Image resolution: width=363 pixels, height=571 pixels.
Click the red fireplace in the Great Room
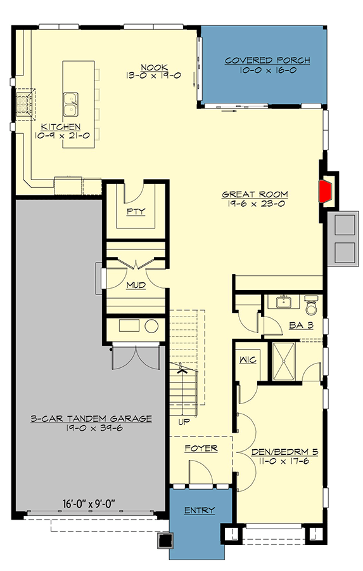[x=327, y=190]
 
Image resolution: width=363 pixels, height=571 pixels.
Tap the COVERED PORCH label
[x=267, y=61]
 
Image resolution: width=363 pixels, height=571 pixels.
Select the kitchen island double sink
[x=70, y=100]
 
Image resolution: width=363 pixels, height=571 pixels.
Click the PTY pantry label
[x=136, y=211]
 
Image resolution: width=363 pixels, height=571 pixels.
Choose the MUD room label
[x=136, y=285]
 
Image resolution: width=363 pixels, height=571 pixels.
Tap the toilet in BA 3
[x=310, y=306]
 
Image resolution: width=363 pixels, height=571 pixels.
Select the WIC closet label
[x=246, y=360]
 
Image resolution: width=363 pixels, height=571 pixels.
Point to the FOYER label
[x=201, y=449]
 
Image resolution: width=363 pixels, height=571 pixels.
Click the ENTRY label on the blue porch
[x=199, y=510]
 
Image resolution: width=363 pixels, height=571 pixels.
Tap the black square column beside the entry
[x=166, y=541]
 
